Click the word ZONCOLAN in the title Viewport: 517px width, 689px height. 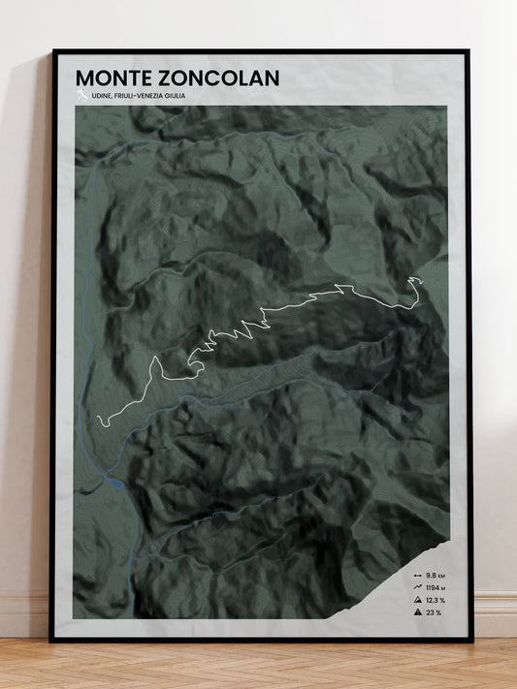click(212, 78)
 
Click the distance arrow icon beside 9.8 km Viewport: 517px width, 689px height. click(416, 576)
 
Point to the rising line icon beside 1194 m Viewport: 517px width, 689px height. click(416, 588)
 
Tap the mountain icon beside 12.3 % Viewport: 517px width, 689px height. click(416, 601)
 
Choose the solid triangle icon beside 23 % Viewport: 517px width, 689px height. click(416, 613)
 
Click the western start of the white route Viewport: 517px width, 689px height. click(98, 421)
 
